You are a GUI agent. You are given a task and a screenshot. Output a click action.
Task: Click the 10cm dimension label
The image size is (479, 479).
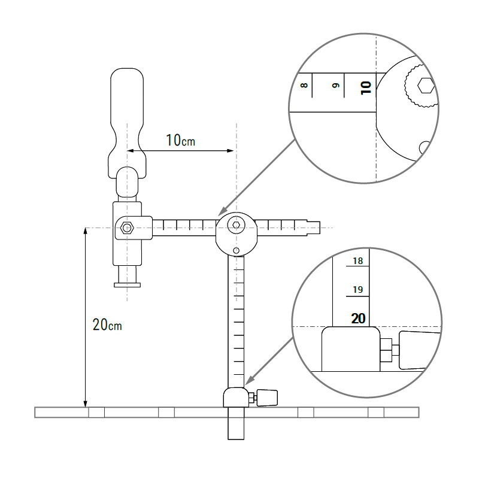(x=180, y=140)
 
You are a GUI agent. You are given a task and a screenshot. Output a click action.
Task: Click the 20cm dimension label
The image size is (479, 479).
(x=107, y=325)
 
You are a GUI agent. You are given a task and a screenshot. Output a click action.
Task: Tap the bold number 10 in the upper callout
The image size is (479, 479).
(x=366, y=88)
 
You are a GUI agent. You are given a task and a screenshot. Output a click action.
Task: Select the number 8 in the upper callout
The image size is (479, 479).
(x=304, y=85)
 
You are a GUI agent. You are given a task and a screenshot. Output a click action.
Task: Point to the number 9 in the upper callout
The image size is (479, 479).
(x=336, y=85)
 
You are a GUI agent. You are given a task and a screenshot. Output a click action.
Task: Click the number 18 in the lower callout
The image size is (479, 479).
(x=357, y=261)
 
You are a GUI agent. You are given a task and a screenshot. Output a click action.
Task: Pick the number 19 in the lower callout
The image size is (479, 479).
(x=357, y=289)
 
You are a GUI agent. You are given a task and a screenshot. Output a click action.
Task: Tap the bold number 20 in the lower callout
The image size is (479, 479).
(x=358, y=319)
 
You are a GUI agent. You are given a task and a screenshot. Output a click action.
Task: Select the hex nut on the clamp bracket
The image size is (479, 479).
(x=127, y=228)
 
